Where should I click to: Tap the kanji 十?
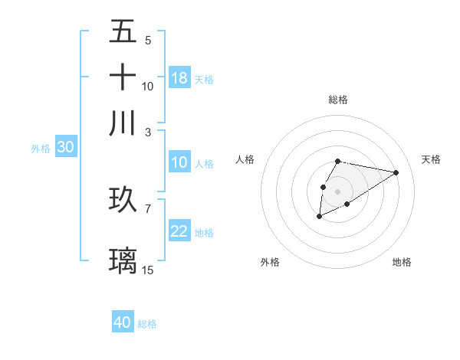(123, 77)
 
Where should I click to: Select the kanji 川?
(123, 123)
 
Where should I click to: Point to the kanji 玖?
(123, 199)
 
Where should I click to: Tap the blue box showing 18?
(179, 78)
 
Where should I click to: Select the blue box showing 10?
(179, 162)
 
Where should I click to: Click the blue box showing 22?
(179, 231)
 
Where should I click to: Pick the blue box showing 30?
(65, 148)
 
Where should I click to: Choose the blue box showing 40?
(123, 322)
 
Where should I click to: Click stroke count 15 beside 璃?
(148, 270)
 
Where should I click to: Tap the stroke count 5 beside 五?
(147, 41)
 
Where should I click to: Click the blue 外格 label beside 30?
(41, 149)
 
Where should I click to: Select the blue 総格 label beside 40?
(147, 324)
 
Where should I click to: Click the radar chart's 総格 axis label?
(337, 100)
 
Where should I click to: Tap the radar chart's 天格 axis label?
(431, 159)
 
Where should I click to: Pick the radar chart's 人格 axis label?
(245, 159)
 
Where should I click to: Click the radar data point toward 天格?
(396, 172)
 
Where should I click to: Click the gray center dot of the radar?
(337, 190)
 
